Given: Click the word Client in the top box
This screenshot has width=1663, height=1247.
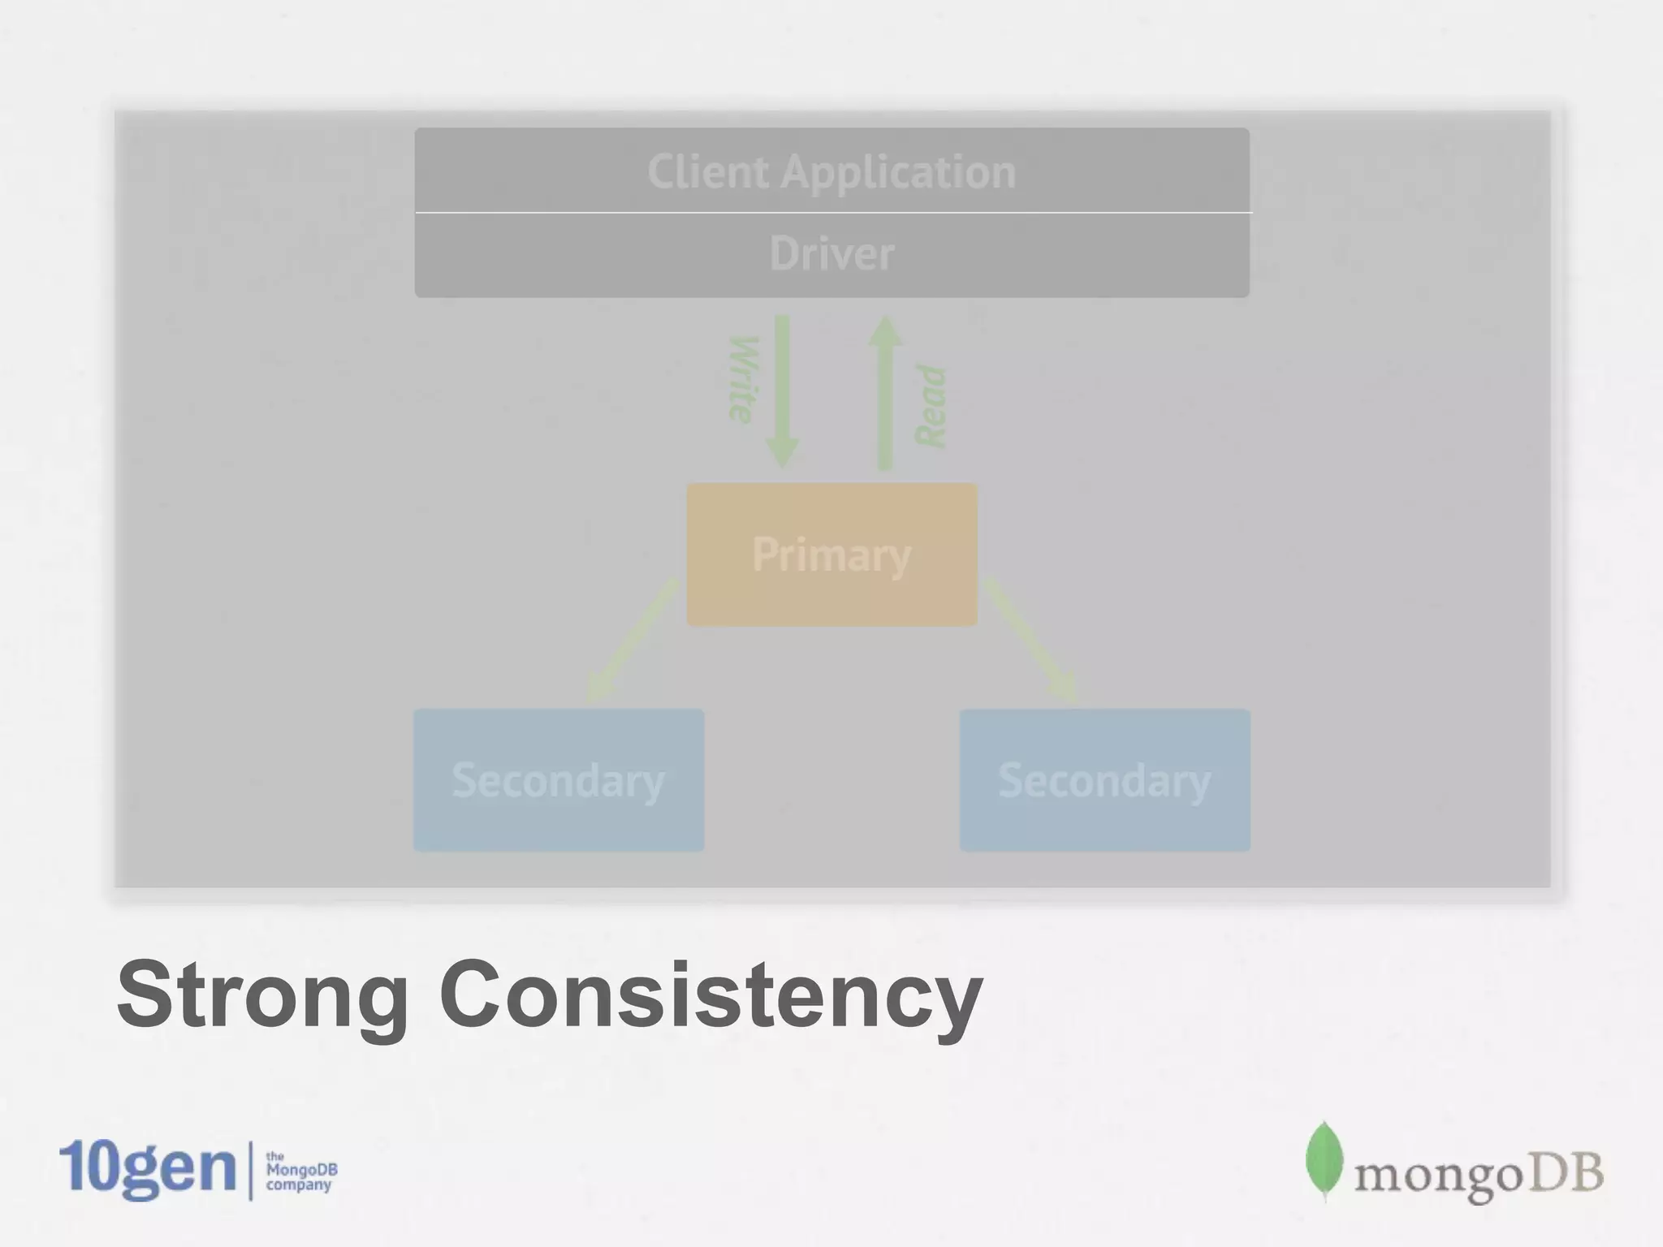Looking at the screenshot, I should (x=707, y=172).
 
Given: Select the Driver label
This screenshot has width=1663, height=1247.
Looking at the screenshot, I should (x=831, y=253).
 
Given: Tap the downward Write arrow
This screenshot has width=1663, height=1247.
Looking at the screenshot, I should (x=782, y=390).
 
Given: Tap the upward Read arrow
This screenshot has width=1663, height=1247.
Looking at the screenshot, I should (x=884, y=393).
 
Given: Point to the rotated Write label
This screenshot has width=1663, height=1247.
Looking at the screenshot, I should (x=744, y=379).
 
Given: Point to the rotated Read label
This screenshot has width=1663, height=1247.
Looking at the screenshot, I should (x=931, y=406).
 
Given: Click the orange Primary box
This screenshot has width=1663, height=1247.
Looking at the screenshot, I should (x=831, y=554).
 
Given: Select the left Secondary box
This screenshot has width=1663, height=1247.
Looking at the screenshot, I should (x=559, y=780).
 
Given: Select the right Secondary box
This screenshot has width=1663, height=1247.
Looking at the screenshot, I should (x=1104, y=780).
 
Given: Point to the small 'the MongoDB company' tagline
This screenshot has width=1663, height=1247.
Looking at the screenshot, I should (x=300, y=1171).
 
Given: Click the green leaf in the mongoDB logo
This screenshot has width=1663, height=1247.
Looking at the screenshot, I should (x=1324, y=1159).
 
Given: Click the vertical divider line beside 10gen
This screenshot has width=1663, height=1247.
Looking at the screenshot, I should (x=250, y=1170).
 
